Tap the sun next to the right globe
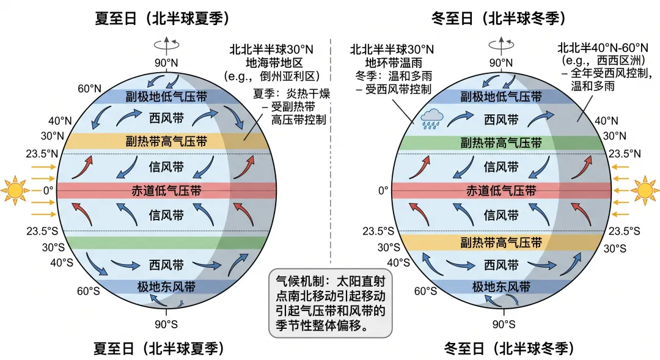click(645, 189)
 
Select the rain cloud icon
click(433, 117)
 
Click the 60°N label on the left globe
click(89, 89)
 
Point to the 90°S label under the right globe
click(504, 324)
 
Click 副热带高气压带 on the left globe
click(166, 142)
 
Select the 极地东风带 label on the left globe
click(166, 287)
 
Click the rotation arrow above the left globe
click(166, 44)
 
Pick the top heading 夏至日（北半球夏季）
click(162, 18)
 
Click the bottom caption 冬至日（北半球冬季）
click(509, 349)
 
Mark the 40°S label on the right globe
click(399, 262)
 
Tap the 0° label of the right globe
click(383, 190)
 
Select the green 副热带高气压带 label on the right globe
click(501, 144)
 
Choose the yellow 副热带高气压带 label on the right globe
click(501, 243)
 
